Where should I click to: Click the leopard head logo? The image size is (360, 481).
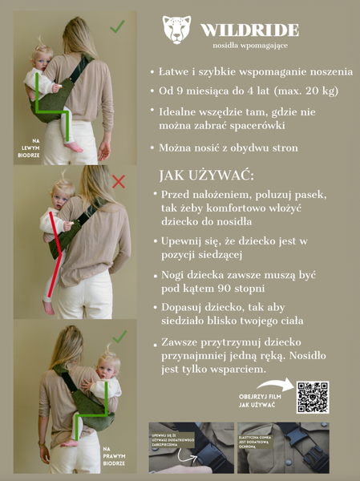click(177, 30)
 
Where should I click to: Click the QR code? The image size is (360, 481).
click(313, 397)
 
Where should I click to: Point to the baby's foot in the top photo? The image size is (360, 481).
click(74, 147)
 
